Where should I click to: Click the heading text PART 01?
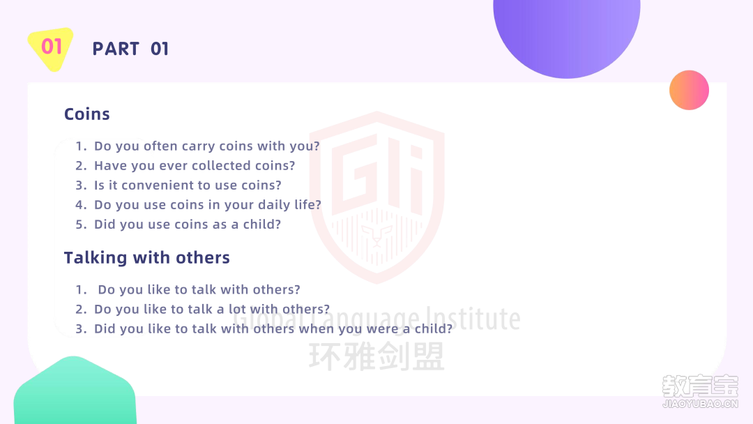point(130,49)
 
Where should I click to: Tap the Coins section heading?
point(87,114)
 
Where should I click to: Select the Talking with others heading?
point(147,258)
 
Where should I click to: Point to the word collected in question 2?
point(217,166)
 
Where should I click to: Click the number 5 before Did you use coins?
point(80,225)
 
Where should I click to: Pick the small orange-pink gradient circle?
point(689,90)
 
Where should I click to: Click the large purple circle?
point(567,33)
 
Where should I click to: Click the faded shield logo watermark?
point(376,197)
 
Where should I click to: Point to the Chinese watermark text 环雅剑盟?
point(376,357)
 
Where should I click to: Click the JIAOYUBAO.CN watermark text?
point(700,404)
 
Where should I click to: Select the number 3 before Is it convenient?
point(81,185)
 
